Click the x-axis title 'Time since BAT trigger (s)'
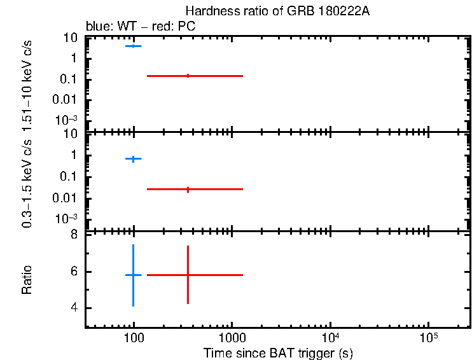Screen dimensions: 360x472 point(278,352)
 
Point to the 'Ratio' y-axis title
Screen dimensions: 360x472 point(27,279)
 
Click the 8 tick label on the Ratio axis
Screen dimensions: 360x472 point(74,235)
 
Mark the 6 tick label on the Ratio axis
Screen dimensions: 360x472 point(74,272)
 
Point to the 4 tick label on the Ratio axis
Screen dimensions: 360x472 point(74,308)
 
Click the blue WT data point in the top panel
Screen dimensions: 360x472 point(133,46)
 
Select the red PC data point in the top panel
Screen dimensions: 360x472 point(188,76)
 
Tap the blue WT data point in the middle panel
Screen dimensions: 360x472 point(133,158)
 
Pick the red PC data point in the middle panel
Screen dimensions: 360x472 point(188,189)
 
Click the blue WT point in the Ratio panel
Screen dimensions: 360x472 point(133,275)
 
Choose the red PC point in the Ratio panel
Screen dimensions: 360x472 point(188,275)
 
